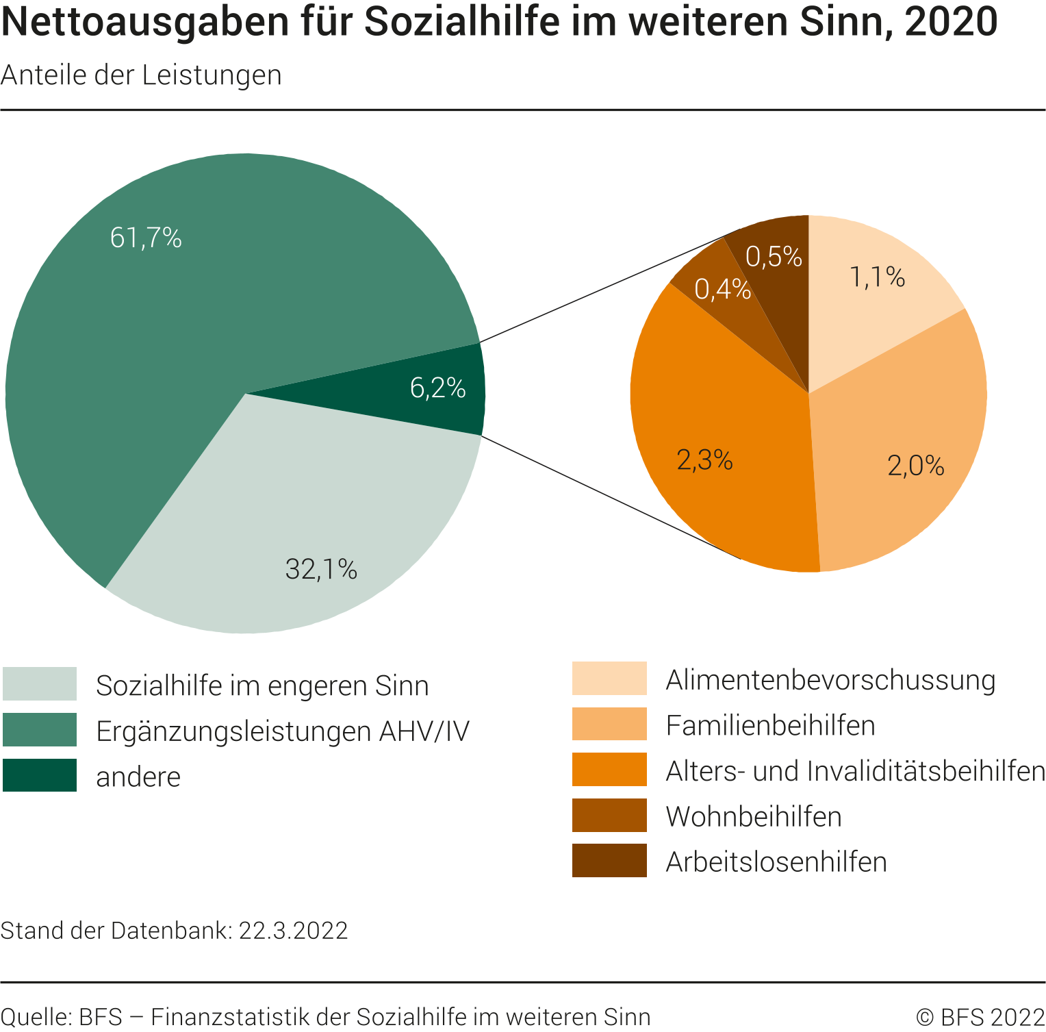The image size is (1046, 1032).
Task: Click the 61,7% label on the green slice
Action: click(x=146, y=238)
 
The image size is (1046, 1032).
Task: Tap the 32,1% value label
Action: click(x=321, y=569)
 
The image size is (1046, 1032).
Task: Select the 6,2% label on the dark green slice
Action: click(x=438, y=388)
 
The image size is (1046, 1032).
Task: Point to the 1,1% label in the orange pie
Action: click(x=878, y=277)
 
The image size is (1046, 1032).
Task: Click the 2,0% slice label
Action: click(x=916, y=466)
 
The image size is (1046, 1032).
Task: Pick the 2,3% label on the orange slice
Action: click(x=704, y=460)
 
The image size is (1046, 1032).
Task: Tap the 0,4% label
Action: click(x=722, y=290)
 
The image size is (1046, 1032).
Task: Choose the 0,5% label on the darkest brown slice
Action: click(x=774, y=257)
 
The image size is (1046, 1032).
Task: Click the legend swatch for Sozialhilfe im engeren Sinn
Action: click(x=40, y=684)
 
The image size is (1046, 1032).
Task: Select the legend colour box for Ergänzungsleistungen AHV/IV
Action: click(x=40, y=730)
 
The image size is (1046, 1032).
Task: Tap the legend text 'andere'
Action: click(x=138, y=777)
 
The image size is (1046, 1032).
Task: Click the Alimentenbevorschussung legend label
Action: click(x=830, y=680)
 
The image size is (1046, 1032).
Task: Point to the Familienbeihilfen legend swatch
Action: click(x=609, y=725)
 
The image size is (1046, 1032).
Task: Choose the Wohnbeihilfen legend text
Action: click(x=754, y=816)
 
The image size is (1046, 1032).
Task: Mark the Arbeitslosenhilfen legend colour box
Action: click(x=609, y=861)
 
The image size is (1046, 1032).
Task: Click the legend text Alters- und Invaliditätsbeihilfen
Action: click(x=855, y=771)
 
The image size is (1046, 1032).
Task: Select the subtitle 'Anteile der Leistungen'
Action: click(x=141, y=75)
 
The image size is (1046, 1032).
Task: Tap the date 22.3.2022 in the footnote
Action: click(x=293, y=931)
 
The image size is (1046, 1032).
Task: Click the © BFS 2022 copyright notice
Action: click(x=980, y=1017)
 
